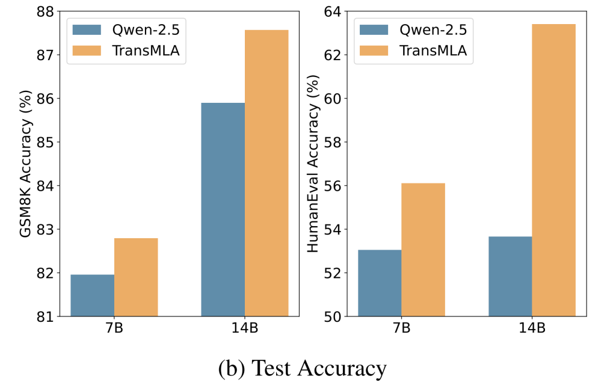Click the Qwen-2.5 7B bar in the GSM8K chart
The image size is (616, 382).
pyautogui.click(x=92, y=295)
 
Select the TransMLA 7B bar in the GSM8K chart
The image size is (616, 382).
pyautogui.click(x=136, y=277)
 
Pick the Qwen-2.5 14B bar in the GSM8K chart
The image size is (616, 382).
pyautogui.click(x=223, y=209)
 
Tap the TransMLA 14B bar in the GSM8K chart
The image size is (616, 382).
pyautogui.click(x=266, y=173)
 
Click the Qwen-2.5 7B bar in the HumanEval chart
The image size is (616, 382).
pyautogui.click(x=380, y=283)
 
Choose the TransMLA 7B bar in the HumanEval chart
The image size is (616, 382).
pyautogui.click(x=423, y=250)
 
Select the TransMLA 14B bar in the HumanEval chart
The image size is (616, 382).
pyautogui.click(x=553, y=170)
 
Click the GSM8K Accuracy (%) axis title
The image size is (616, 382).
pyautogui.click(x=26, y=164)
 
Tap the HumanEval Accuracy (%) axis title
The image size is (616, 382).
pyautogui.click(x=313, y=164)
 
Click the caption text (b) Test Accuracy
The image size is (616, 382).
pyautogui.click(x=302, y=368)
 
